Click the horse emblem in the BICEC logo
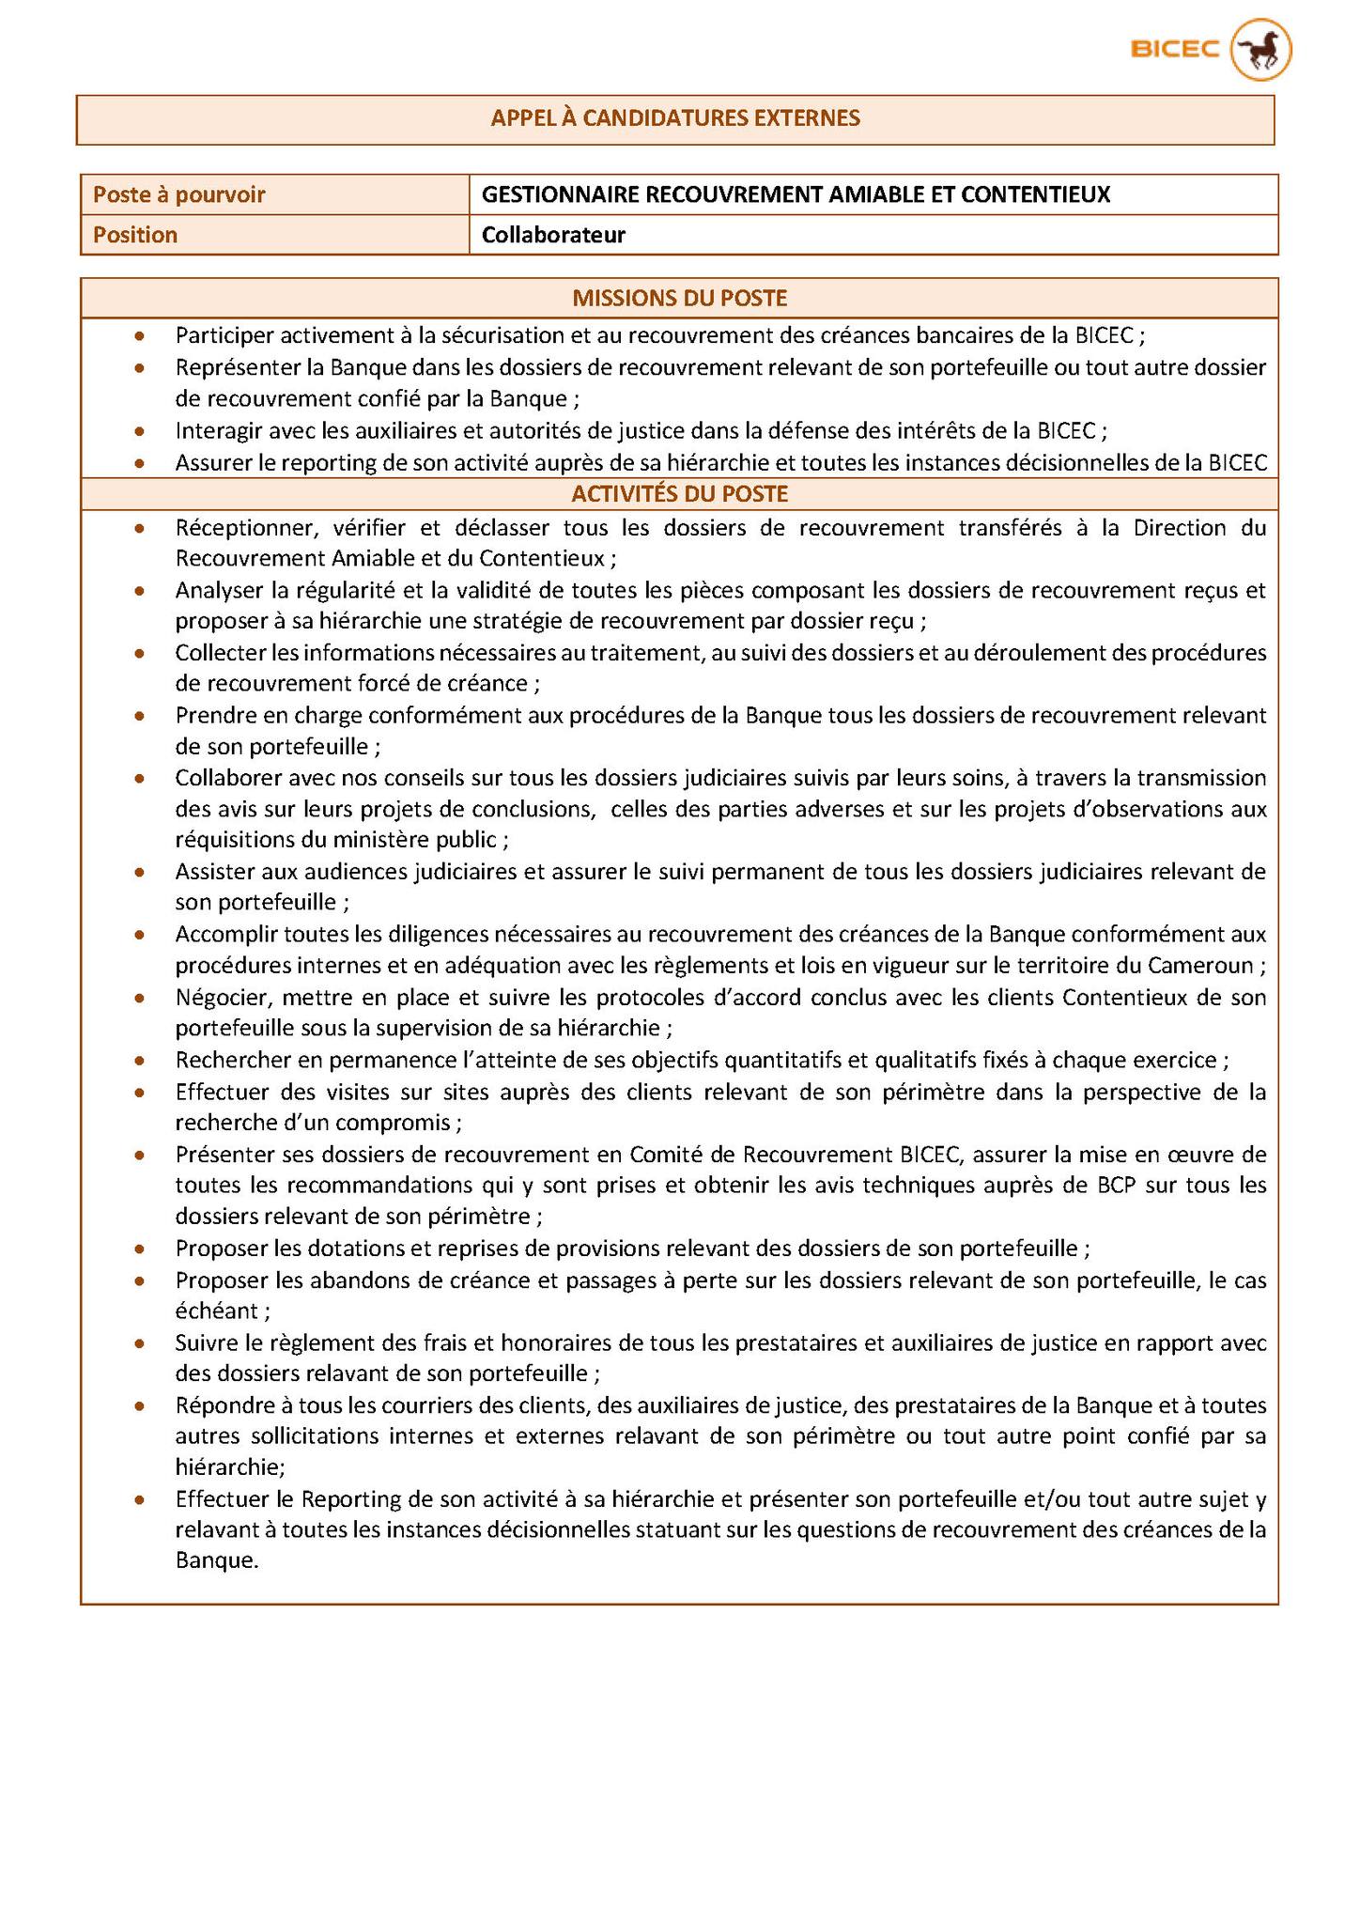pyautogui.click(x=1261, y=49)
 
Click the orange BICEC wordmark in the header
pyautogui.click(x=1175, y=49)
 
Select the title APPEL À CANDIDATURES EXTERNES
pyautogui.click(x=675, y=118)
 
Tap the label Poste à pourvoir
pyautogui.click(x=178, y=194)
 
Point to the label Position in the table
pyautogui.click(x=135, y=235)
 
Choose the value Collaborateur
pyautogui.click(x=553, y=235)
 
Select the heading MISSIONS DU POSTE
pyautogui.click(x=679, y=299)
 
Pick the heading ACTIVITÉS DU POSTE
pyautogui.click(x=679, y=494)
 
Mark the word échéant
pyautogui.click(x=216, y=1311)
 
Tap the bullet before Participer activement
pyautogui.click(x=140, y=335)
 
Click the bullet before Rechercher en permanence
pyautogui.click(x=140, y=1061)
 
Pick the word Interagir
pyautogui.click(x=216, y=430)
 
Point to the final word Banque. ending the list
pyautogui.click(x=216, y=1561)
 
